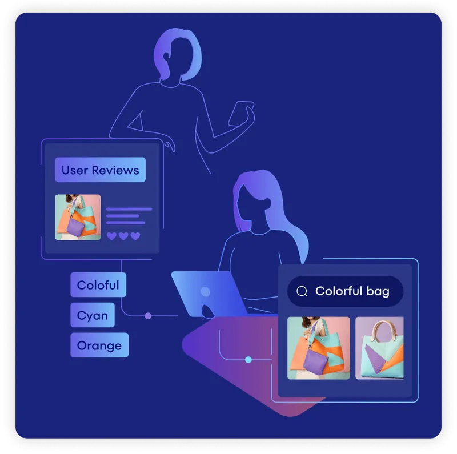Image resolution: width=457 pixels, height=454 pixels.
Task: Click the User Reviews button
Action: [x=100, y=170]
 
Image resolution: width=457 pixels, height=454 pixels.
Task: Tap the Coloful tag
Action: [x=98, y=285]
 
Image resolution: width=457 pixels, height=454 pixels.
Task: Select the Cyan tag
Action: [x=93, y=315]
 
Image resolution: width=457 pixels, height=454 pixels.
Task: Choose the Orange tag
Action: [x=99, y=345]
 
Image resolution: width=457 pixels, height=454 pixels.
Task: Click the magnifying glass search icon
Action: [x=302, y=292]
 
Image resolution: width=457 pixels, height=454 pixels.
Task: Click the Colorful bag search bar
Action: [x=345, y=292]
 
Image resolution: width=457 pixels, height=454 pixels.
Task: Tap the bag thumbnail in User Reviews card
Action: [x=78, y=217]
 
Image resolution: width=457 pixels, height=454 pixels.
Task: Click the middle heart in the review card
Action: [x=123, y=236]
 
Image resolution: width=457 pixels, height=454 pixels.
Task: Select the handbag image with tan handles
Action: [x=379, y=348]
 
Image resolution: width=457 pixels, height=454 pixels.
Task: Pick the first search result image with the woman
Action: [x=318, y=348]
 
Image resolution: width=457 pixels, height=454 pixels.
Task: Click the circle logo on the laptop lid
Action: [x=205, y=292]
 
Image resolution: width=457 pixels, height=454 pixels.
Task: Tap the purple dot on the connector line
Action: [x=148, y=316]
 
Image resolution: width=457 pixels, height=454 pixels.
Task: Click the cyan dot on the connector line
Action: [x=248, y=359]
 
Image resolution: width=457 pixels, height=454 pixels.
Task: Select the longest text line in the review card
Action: [x=129, y=209]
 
